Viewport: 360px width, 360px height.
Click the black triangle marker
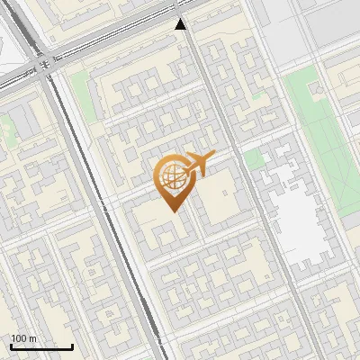pyautogui.click(x=181, y=24)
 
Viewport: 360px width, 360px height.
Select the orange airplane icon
pyautogui.click(x=197, y=164)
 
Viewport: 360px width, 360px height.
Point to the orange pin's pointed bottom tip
pyautogui.click(x=171, y=211)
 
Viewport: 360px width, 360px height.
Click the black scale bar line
pyautogui.click(x=41, y=346)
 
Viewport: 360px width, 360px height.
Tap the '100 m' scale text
pyautogui.click(x=24, y=338)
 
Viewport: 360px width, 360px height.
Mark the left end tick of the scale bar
pyautogui.click(x=11, y=346)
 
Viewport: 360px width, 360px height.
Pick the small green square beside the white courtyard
pyautogui.click(x=254, y=159)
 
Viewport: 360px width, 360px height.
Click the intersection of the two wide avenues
pyautogui.click(x=45, y=68)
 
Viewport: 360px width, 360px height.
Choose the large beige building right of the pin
pyautogui.click(x=221, y=202)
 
